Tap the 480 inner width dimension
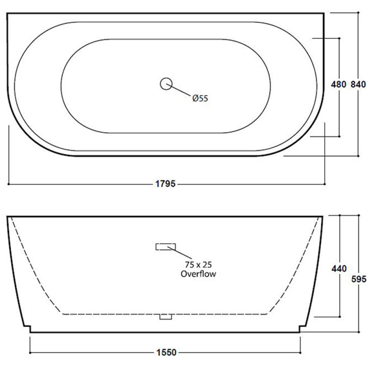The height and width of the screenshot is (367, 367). [x=338, y=84]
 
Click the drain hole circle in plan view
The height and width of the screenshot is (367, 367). [x=166, y=83]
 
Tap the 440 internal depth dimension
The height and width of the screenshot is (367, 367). [x=339, y=269]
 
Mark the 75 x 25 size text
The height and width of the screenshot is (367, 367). [x=198, y=266]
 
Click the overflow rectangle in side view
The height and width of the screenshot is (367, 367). [x=166, y=247]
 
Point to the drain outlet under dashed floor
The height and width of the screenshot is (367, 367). [x=165, y=317]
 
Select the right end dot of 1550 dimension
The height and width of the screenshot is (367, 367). [x=300, y=353]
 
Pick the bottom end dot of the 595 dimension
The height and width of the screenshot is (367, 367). [x=358, y=331]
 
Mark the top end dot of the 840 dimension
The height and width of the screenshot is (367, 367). [x=358, y=13]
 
